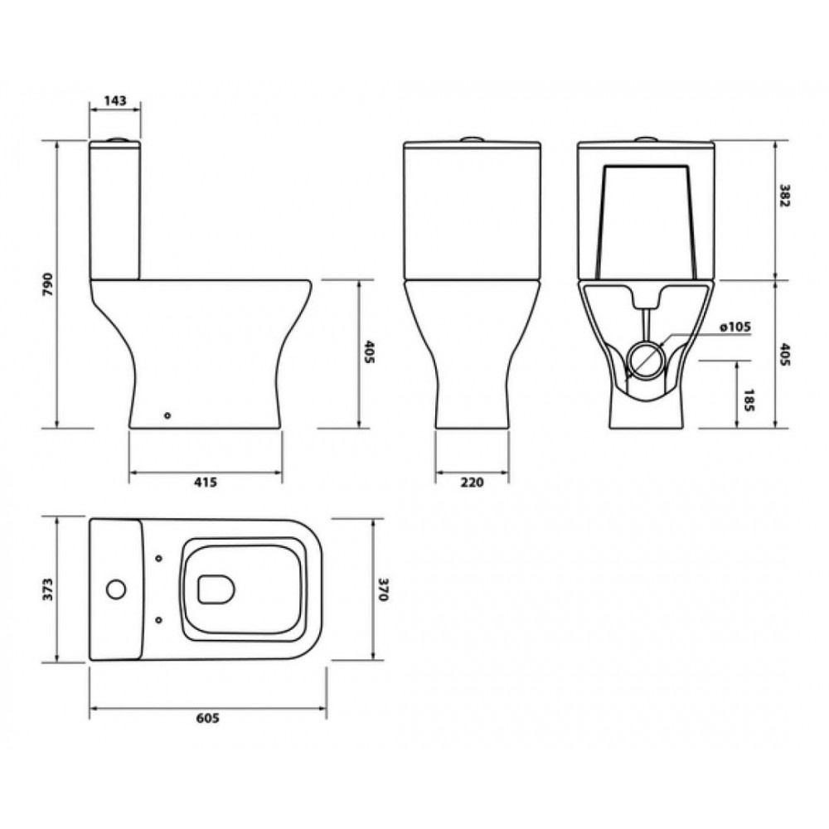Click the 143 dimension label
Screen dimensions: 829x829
pos(115,100)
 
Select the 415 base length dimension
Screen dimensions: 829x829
pos(205,482)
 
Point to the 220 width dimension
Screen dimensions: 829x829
pos(472,482)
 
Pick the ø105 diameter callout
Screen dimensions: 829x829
pos(734,327)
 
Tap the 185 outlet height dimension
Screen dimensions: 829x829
pos(749,400)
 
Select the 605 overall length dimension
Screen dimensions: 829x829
pos(207,718)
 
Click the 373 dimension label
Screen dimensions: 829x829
pos(48,589)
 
